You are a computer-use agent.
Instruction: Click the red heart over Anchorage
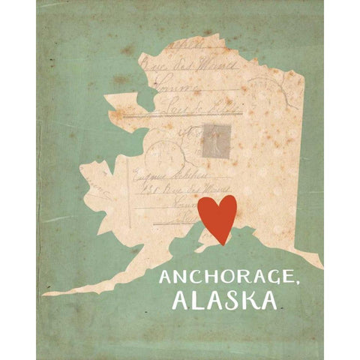click(217, 215)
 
